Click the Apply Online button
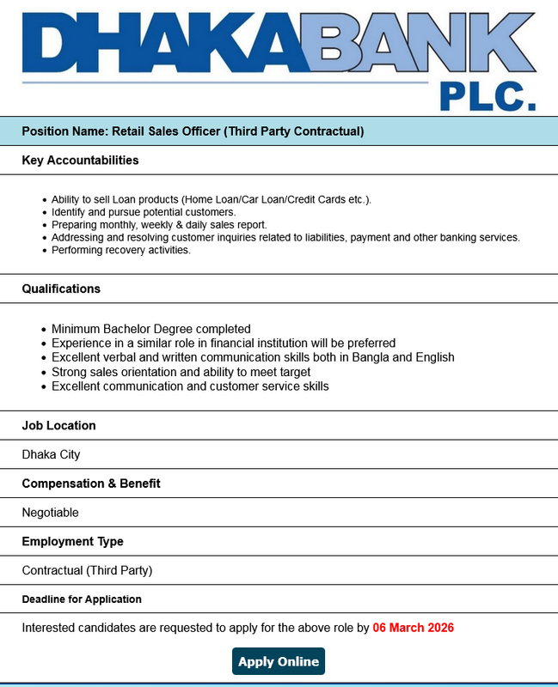(x=279, y=661)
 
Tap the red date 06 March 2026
(x=413, y=628)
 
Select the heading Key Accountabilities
(x=80, y=161)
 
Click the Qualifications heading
(x=61, y=289)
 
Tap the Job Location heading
(x=58, y=425)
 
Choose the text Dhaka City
(x=51, y=454)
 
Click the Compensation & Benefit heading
(x=91, y=483)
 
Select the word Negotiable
(x=50, y=513)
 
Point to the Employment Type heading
(x=72, y=541)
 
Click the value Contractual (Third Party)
(x=87, y=570)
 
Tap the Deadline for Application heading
(x=82, y=599)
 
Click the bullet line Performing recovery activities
(x=120, y=250)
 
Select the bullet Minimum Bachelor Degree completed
(x=150, y=329)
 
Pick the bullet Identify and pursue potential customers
(x=143, y=211)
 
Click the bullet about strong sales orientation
(x=181, y=372)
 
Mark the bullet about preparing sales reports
(x=159, y=224)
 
